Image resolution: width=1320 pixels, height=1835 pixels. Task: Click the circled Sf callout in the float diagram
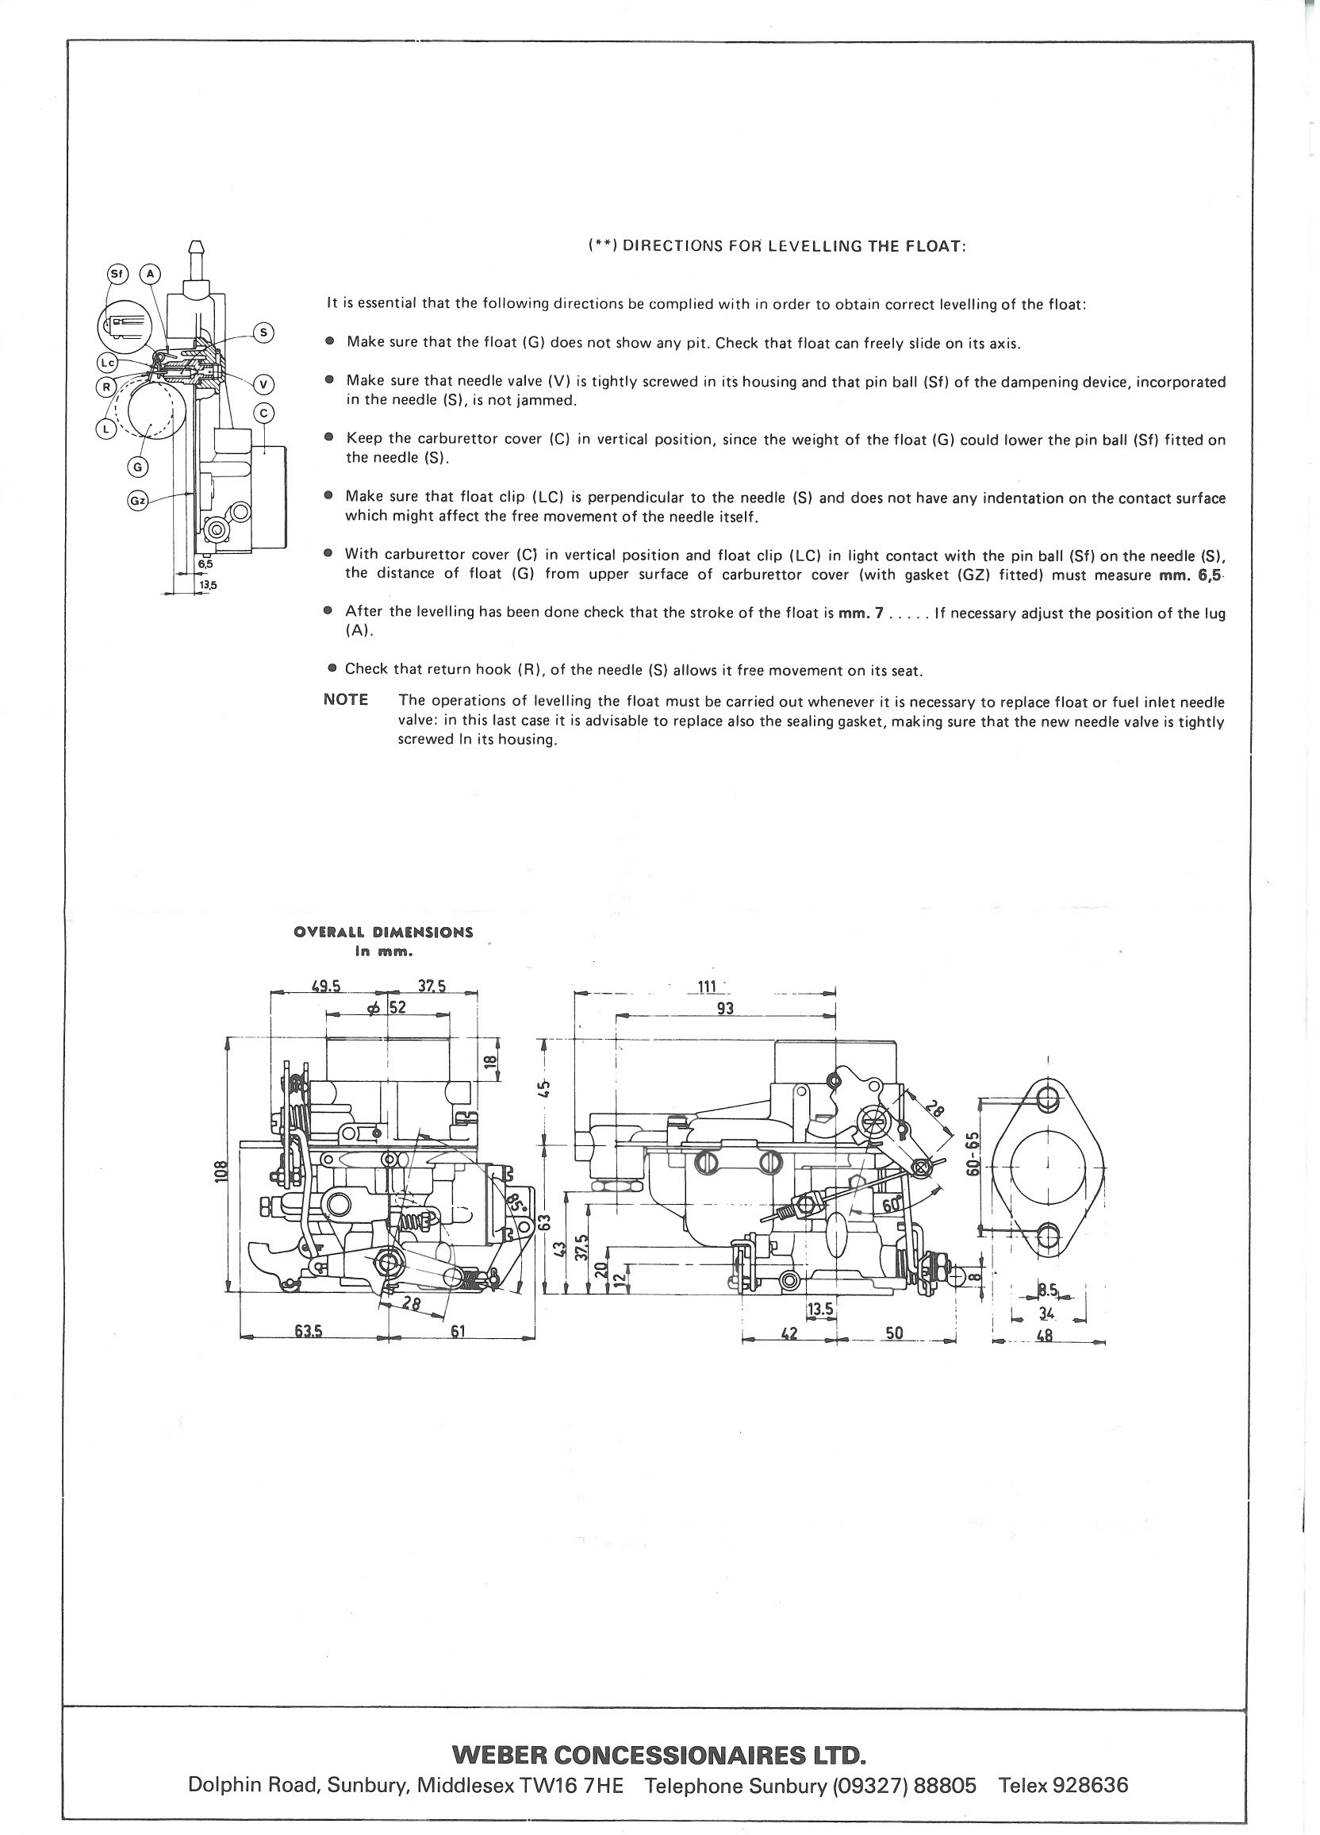(116, 274)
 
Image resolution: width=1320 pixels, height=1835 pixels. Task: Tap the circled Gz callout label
(139, 502)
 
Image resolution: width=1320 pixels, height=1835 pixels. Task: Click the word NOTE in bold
(345, 700)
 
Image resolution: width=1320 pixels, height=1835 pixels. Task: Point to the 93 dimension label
(726, 1009)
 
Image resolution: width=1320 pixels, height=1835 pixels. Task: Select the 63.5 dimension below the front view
(309, 1334)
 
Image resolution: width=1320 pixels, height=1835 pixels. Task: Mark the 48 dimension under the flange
(1044, 1336)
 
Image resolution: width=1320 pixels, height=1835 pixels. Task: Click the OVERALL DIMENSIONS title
(383, 931)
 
